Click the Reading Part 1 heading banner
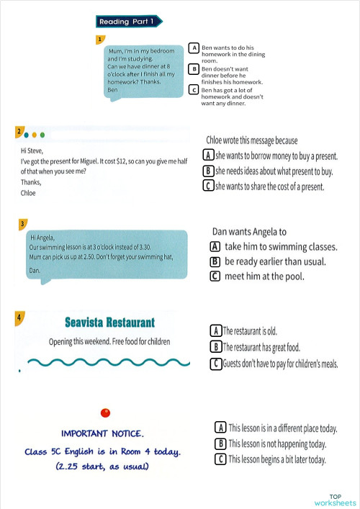(126, 22)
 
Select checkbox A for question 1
(194, 48)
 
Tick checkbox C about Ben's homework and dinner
(194, 89)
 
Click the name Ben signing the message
(112, 90)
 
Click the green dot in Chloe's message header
(42, 134)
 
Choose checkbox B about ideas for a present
(208, 171)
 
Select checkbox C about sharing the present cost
(208, 186)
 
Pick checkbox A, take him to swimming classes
(215, 246)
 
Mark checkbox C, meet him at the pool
(215, 276)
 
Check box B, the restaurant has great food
(215, 347)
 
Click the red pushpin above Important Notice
(105, 413)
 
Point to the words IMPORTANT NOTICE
(102, 434)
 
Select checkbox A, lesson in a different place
(221, 428)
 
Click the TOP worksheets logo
(335, 500)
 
